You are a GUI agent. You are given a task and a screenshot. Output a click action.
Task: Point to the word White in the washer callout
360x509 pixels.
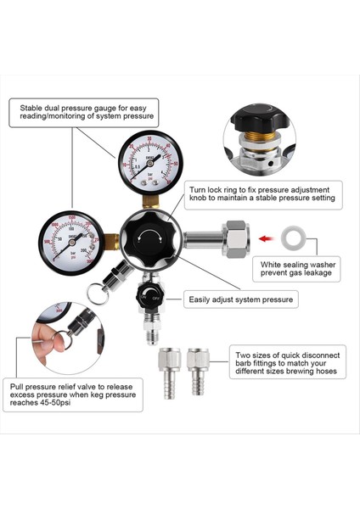(x=272, y=266)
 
